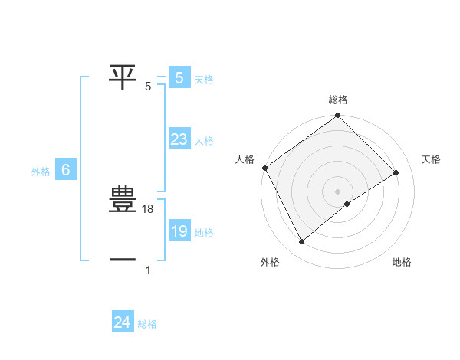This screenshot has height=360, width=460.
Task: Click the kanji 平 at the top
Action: pos(123,76)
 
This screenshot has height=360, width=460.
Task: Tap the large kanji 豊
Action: pos(123,200)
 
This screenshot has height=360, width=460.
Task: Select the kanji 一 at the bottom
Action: pos(123,260)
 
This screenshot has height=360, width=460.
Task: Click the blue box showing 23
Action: pos(179,139)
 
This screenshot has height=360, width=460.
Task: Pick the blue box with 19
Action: pos(179,231)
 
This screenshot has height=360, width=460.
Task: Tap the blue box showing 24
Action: pos(122,322)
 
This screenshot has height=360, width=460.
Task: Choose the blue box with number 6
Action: pos(66,171)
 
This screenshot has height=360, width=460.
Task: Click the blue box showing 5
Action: pos(179,77)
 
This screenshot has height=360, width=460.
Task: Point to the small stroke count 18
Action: pos(149,209)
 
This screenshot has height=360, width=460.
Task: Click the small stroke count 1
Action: pos(148,270)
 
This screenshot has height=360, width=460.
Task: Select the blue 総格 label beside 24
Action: pos(147,324)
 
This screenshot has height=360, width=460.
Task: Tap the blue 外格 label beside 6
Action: pos(41,172)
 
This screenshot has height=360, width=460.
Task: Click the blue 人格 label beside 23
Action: pos(204,141)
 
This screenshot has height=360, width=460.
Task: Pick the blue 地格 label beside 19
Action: pos(204,233)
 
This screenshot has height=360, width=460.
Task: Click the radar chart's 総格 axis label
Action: pos(338,100)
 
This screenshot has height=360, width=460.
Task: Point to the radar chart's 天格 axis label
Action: pos(431,159)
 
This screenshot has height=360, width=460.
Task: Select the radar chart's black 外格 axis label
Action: pos(270,263)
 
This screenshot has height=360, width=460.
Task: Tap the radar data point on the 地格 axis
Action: pos(347,204)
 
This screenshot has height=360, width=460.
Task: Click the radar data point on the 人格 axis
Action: pos(264,168)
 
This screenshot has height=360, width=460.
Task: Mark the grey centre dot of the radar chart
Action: pos(337,191)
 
